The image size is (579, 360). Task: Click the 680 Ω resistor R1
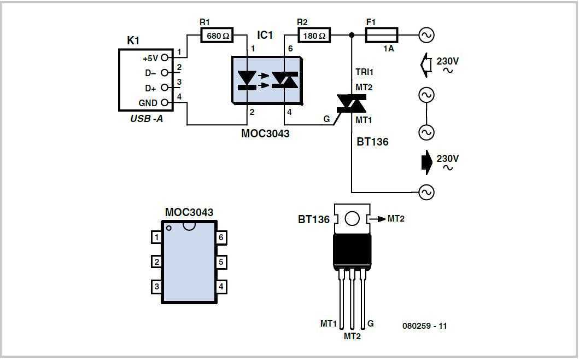(218, 36)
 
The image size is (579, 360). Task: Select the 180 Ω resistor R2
(314, 36)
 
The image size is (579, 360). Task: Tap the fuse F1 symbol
(382, 36)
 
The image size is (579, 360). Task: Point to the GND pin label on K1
(148, 103)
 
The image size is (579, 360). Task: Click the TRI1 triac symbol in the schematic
(351, 103)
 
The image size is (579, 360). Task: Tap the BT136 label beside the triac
(373, 142)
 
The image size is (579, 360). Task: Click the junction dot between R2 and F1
(352, 36)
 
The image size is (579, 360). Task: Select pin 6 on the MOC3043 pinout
(221, 237)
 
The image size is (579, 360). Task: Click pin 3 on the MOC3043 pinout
(157, 286)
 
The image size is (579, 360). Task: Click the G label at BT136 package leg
(371, 324)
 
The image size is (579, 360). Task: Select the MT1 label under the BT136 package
(328, 324)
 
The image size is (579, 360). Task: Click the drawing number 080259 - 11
(424, 326)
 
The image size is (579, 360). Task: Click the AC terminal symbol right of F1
(426, 36)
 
